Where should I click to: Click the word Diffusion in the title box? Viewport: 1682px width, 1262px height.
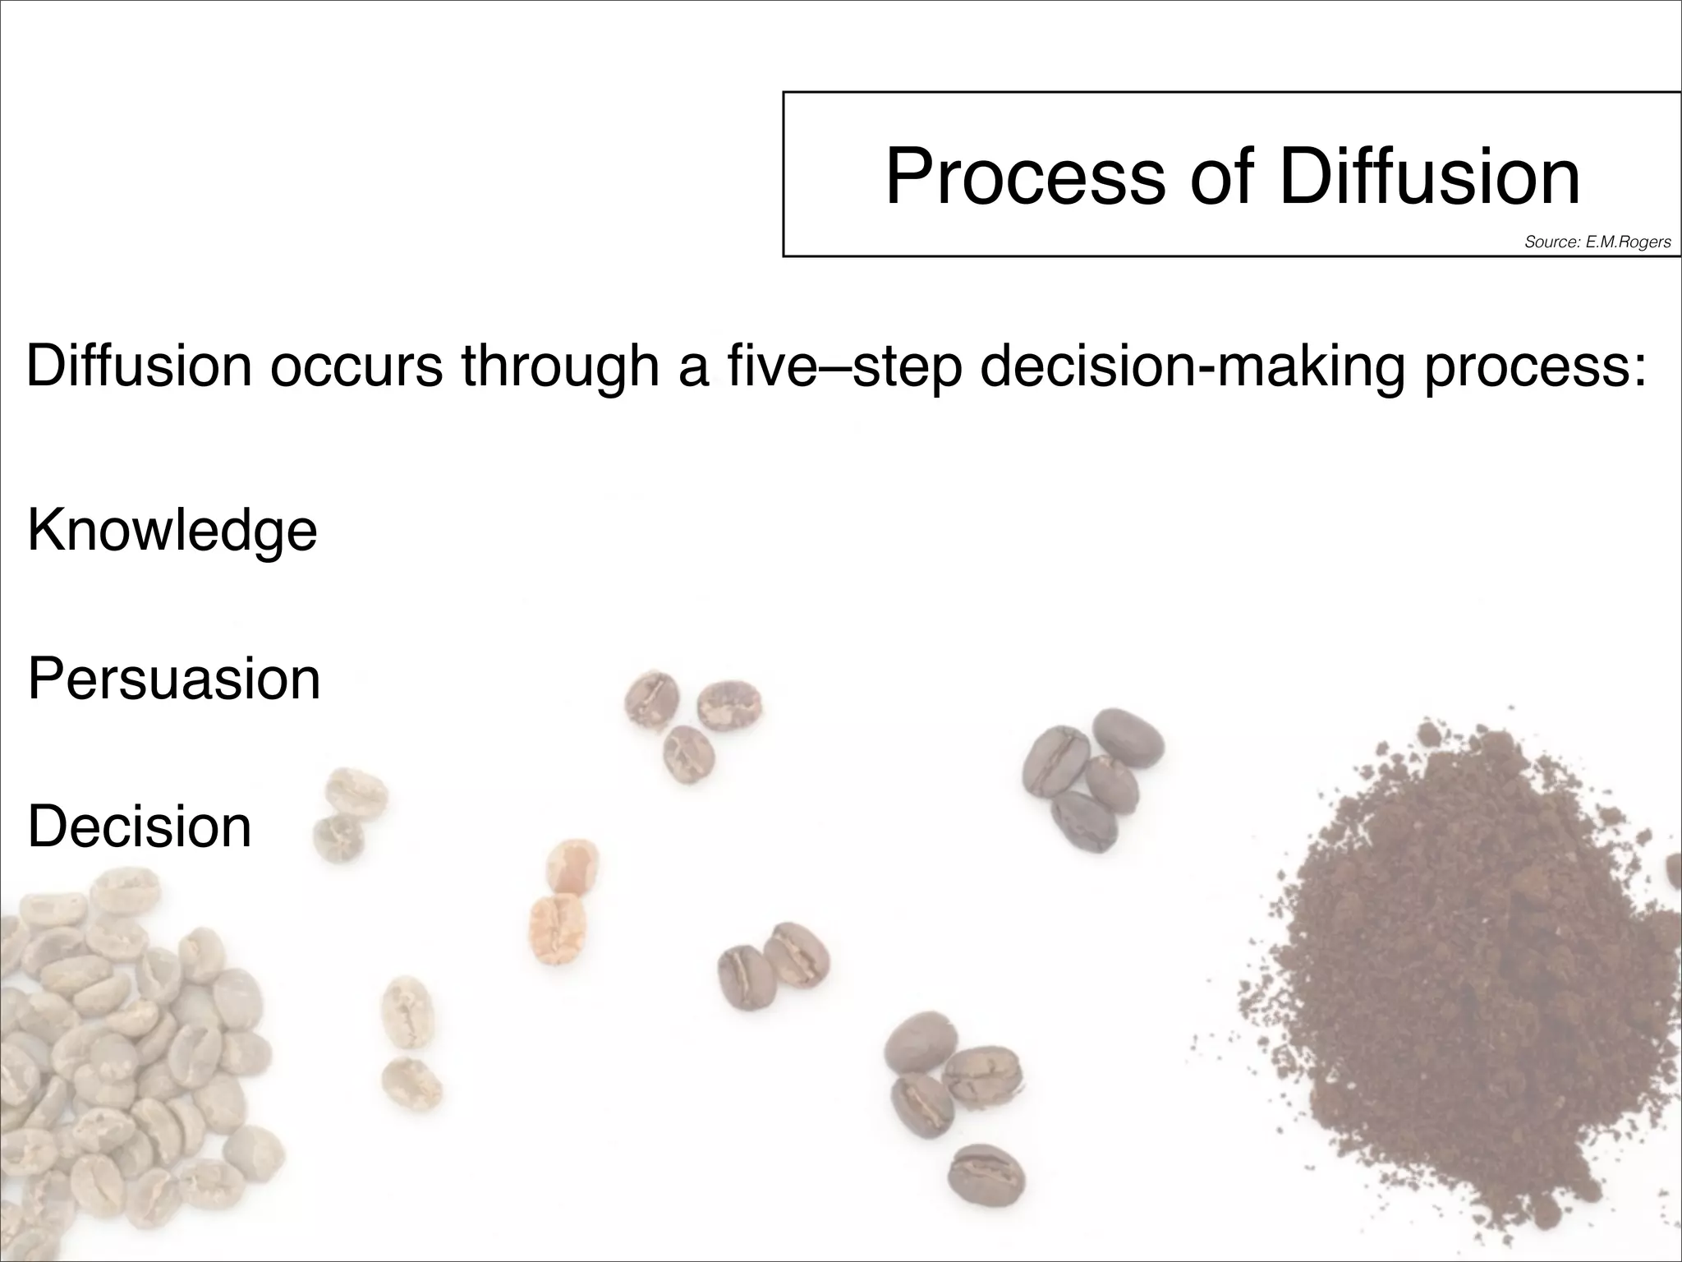point(1429,176)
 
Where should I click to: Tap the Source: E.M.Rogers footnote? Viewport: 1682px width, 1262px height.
point(1597,242)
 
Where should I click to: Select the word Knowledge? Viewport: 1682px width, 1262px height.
point(172,532)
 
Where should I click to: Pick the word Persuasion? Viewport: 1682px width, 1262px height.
point(174,679)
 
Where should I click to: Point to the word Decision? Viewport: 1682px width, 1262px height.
point(140,827)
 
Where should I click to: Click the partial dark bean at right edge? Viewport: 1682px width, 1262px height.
point(1674,871)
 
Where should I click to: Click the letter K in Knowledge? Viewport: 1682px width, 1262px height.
point(43,530)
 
